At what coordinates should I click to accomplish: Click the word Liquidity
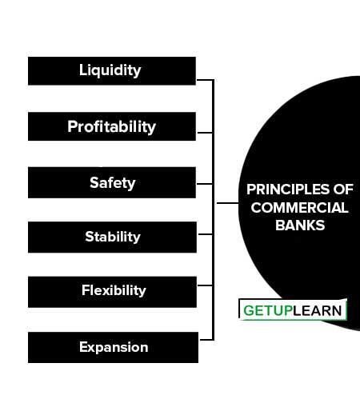[110, 70]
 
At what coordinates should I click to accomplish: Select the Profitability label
[111, 127]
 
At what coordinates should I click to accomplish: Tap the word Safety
[113, 183]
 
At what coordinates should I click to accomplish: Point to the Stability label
[113, 237]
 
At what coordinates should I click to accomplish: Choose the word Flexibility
[114, 290]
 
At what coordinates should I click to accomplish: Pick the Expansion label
[114, 347]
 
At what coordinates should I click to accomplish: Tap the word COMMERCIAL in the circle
[299, 208]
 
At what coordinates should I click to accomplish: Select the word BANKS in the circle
[300, 225]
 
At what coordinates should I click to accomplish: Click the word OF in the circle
[343, 190]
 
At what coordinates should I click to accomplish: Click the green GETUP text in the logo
[267, 310]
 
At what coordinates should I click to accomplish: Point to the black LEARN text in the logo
[317, 310]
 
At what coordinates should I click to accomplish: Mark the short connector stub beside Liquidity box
[205, 80]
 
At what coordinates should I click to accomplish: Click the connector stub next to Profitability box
[205, 133]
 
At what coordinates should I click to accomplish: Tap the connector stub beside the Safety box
[205, 184]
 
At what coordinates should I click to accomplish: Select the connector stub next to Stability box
[206, 234]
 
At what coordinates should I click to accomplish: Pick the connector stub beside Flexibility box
[205, 285]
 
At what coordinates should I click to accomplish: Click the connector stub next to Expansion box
[206, 340]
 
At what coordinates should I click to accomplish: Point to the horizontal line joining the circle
[228, 203]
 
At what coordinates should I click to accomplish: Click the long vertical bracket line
[214, 209]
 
